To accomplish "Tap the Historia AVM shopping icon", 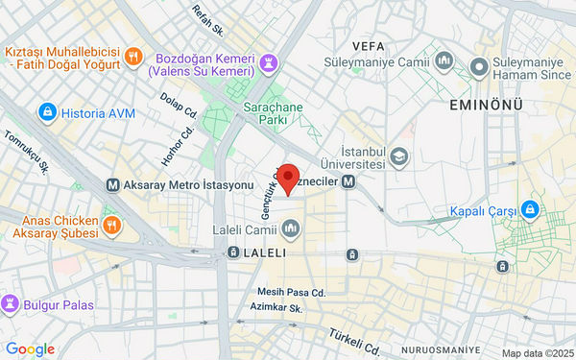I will click(45, 113).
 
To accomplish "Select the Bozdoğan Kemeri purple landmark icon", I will click(270, 65).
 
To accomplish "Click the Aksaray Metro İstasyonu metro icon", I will click(113, 184).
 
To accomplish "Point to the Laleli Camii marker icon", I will click(291, 230).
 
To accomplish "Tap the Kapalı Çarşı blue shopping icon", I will click(529, 210).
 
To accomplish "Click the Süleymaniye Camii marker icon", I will click(444, 61).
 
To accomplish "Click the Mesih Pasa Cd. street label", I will click(292, 291).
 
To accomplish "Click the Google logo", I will click(30, 349).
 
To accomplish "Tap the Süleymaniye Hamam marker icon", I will click(478, 67).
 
